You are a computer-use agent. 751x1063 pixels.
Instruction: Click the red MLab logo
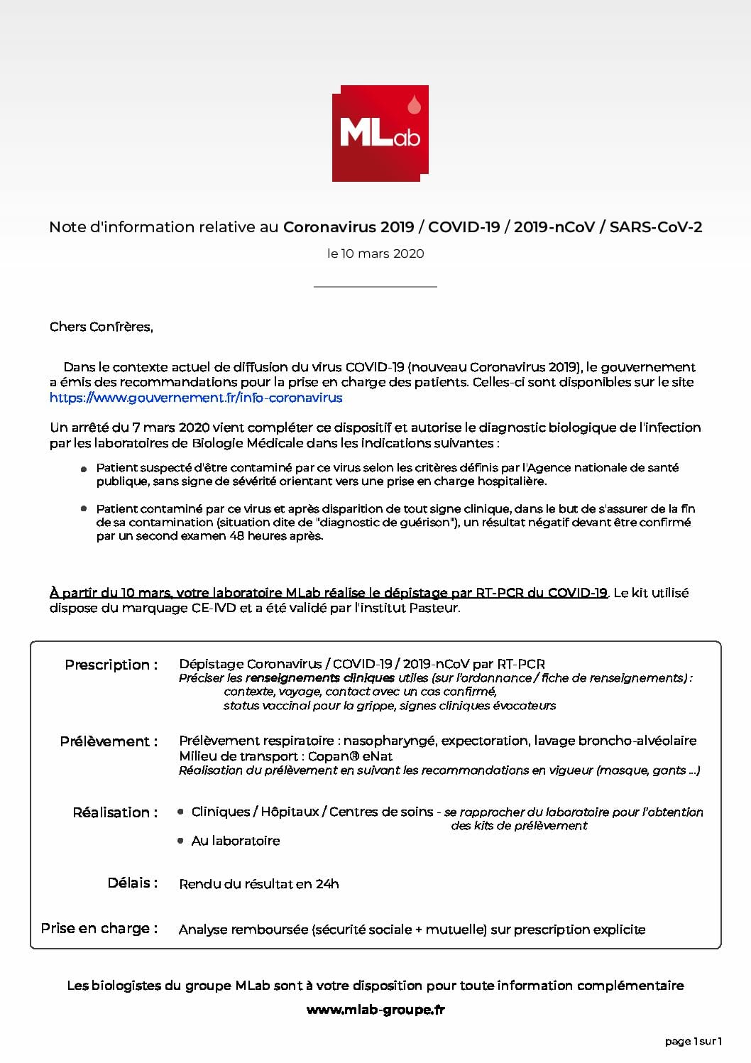point(380,133)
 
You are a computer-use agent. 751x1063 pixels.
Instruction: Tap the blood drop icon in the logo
point(415,106)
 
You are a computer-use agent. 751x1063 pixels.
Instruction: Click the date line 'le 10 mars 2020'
point(375,254)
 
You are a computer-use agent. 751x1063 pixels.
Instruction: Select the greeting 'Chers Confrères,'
point(102,327)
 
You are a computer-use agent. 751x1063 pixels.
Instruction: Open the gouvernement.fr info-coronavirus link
point(196,398)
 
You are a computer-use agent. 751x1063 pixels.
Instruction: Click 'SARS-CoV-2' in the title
point(656,227)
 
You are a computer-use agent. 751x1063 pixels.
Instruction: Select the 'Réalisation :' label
point(115,812)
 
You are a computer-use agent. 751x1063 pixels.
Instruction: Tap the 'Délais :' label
point(133,883)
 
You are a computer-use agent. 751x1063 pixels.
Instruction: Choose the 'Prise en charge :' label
point(99,928)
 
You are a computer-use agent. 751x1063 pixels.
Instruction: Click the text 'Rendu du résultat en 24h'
point(259,884)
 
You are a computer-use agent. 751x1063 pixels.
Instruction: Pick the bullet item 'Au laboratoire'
point(236,841)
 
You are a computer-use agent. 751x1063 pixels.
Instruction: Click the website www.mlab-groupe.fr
point(375,1010)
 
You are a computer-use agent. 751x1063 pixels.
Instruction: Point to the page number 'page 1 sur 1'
point(694,1042)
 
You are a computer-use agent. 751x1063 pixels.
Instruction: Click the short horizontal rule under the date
point(375,286)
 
